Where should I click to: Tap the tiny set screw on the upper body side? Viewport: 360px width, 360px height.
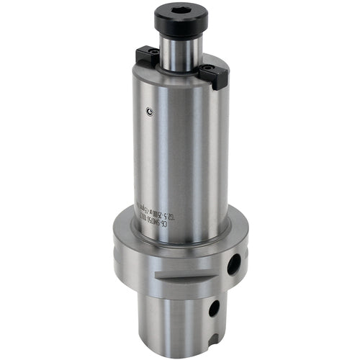[148, 111]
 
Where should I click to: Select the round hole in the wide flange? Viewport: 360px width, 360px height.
[233, 265]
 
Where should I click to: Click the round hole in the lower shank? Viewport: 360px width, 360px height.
[214, 309]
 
